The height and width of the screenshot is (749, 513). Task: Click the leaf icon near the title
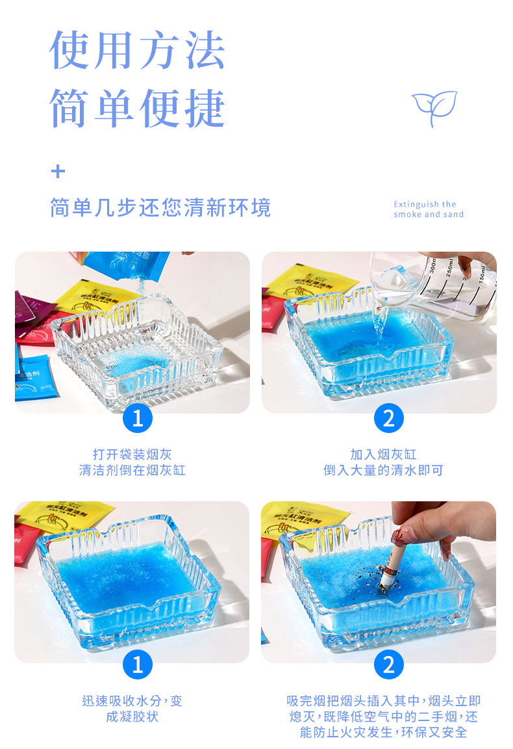(x=434, y=108)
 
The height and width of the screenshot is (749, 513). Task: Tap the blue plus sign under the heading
(x=58, y=172)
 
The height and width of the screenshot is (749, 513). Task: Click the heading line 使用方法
(x=138, y=51)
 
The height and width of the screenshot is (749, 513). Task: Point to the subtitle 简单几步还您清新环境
(x=160, y=208)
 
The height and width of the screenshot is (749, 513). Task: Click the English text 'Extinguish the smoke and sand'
(x=429, y=209)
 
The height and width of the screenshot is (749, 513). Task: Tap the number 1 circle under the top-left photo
(x=137, y=418)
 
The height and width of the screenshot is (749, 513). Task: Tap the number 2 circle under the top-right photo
(x=388, y=418)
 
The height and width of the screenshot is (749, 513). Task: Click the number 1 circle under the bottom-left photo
(x=137, y=664)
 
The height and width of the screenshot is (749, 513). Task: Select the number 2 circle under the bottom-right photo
(x=388, y=664)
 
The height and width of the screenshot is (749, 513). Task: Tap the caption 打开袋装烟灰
(x=132, y=454)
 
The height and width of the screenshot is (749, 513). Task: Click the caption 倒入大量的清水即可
(x=383, y=470)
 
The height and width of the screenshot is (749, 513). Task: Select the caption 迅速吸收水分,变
(x=132, y=701)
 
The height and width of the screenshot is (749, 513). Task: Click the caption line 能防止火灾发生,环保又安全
(x=383, y=732)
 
